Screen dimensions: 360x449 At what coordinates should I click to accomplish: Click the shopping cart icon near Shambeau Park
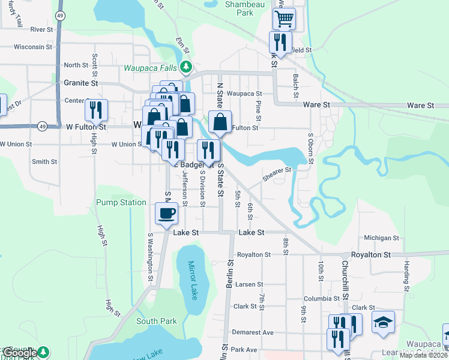284,19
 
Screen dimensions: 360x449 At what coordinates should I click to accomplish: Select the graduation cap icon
383,322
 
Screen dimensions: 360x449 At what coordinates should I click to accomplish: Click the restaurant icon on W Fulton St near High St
96,110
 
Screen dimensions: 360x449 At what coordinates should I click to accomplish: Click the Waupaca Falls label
152,67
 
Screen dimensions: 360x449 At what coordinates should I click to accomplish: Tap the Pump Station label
121,203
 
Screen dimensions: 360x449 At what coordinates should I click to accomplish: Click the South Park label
156,321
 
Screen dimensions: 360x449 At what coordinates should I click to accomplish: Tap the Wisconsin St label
33,46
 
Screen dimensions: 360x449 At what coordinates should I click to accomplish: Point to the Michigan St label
381,238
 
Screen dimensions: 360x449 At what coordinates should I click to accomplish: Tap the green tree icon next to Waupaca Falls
187,67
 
